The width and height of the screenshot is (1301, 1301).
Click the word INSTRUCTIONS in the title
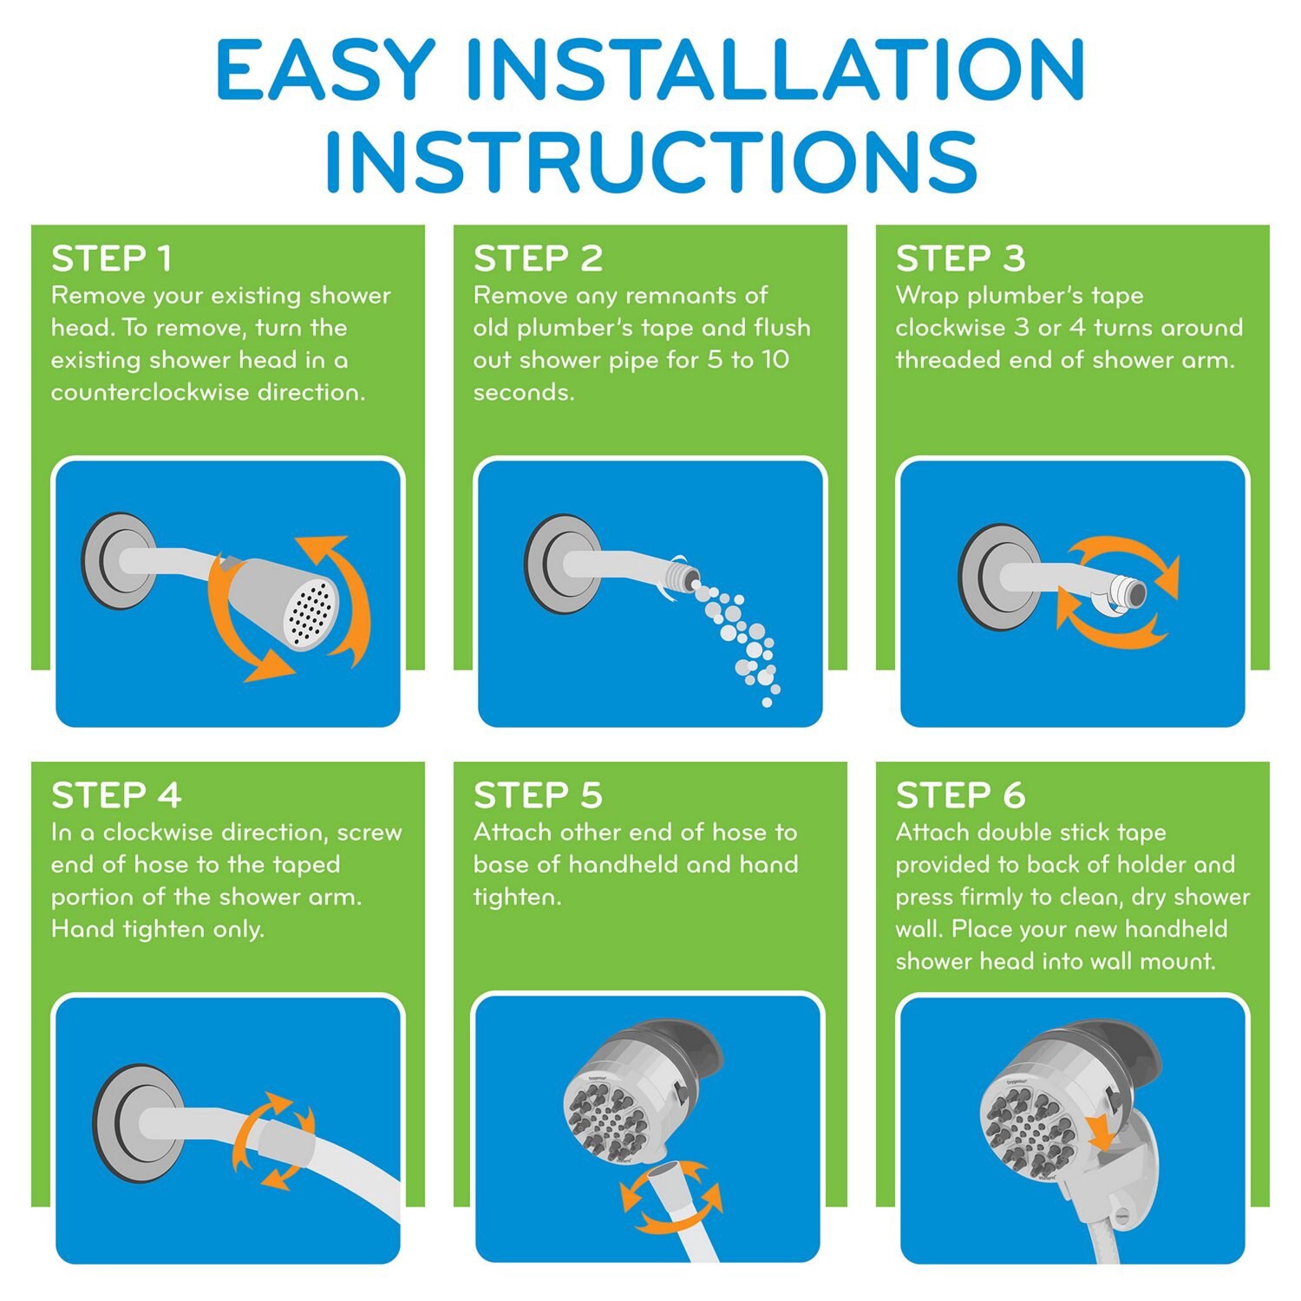(651, 161)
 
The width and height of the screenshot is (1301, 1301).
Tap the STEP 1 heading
(111, 258)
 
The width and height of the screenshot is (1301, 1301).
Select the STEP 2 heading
(538, 258)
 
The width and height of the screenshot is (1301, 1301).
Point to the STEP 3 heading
(960, 258)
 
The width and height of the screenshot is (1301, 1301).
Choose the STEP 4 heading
(116, 794)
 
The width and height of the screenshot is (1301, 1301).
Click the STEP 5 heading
(538, 794)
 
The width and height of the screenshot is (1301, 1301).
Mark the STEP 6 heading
(960, 794)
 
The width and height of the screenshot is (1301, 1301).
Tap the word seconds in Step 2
(523, 392)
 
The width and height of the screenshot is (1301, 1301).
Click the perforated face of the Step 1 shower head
(311, 612)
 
